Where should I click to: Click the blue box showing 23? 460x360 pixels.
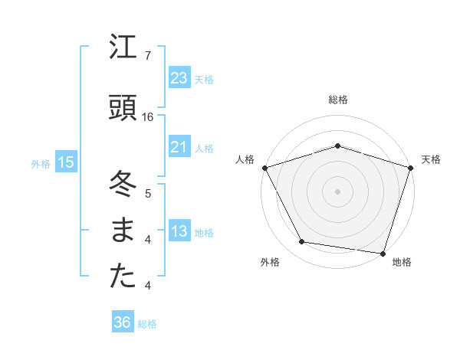(x=179, y=78)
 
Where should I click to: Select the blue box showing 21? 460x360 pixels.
(x=179, y=147)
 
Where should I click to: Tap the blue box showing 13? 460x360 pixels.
(x=179, y=231)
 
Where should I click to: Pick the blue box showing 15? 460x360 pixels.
(x=66, y=162)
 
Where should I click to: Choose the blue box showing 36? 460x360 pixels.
(x=123, y=322)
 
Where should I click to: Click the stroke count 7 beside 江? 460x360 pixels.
(x=147, y=56)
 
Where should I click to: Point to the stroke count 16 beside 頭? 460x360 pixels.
(x=148, y=116)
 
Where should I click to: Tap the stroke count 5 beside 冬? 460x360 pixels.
(x=147, y=193)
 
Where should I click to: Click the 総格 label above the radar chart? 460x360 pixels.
(x=337, y=100)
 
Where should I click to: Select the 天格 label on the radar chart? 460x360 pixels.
(x=431, y=159)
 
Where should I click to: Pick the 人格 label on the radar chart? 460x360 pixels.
(x=245, y=159)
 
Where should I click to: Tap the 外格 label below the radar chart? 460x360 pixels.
(x=270, y=263)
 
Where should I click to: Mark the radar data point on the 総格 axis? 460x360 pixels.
(x=337, y=146)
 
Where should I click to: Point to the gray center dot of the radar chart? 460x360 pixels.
(x=337, y=191)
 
